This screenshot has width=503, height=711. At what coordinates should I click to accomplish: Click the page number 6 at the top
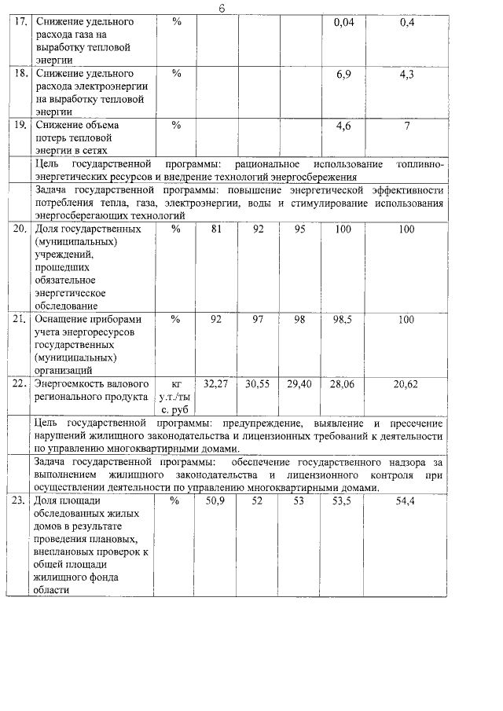222,8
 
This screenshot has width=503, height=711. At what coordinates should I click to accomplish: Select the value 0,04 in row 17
344,24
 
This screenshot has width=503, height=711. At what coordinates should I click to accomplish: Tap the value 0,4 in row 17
406,24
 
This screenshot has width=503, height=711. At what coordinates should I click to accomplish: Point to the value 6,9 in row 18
343,74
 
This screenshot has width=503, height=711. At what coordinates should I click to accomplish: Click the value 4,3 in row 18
406,74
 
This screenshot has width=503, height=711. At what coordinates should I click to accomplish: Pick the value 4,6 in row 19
343,125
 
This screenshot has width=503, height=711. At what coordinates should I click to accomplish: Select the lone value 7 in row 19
406,125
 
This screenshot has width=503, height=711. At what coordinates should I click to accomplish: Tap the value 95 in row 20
299,229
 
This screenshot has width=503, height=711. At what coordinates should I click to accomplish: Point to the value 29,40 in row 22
299,383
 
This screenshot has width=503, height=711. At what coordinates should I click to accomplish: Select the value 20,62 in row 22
406,383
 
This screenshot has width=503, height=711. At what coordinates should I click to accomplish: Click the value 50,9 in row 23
215,500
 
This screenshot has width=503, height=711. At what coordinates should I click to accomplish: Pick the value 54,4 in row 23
406,500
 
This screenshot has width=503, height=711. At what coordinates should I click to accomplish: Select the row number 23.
21,500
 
